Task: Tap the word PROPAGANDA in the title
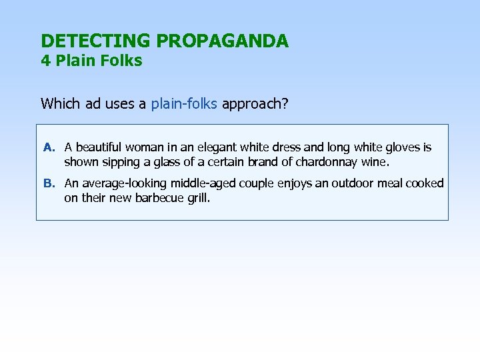pos(223,41)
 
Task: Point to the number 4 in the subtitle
pos(45,61)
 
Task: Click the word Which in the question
pos(60,103)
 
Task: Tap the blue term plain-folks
pos(184,103)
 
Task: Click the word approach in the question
pos(251,103)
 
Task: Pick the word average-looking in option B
pos(124,183)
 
